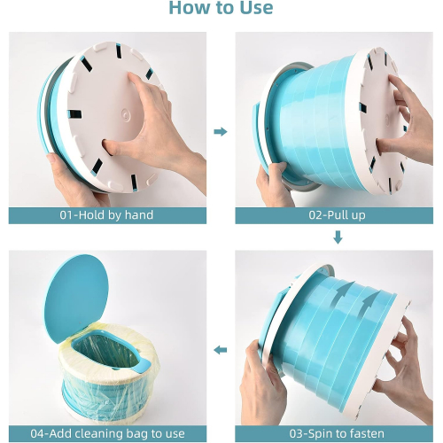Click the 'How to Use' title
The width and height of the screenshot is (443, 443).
point(221,8)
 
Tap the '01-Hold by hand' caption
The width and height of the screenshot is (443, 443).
point(106,215)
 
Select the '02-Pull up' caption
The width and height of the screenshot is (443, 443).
point(337,215)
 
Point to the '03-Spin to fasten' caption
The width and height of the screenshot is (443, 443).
point(337,433)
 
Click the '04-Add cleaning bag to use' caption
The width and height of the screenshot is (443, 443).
point(107,433)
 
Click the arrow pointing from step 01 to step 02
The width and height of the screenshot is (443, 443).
point(221,131)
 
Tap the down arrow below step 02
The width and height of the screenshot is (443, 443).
point(338,237)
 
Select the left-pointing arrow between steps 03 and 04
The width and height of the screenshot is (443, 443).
point(221,350)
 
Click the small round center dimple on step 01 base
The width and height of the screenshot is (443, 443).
point(127,114)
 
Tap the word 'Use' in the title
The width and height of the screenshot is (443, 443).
point(256,8)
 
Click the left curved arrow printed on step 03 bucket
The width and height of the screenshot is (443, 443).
point(343,294)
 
